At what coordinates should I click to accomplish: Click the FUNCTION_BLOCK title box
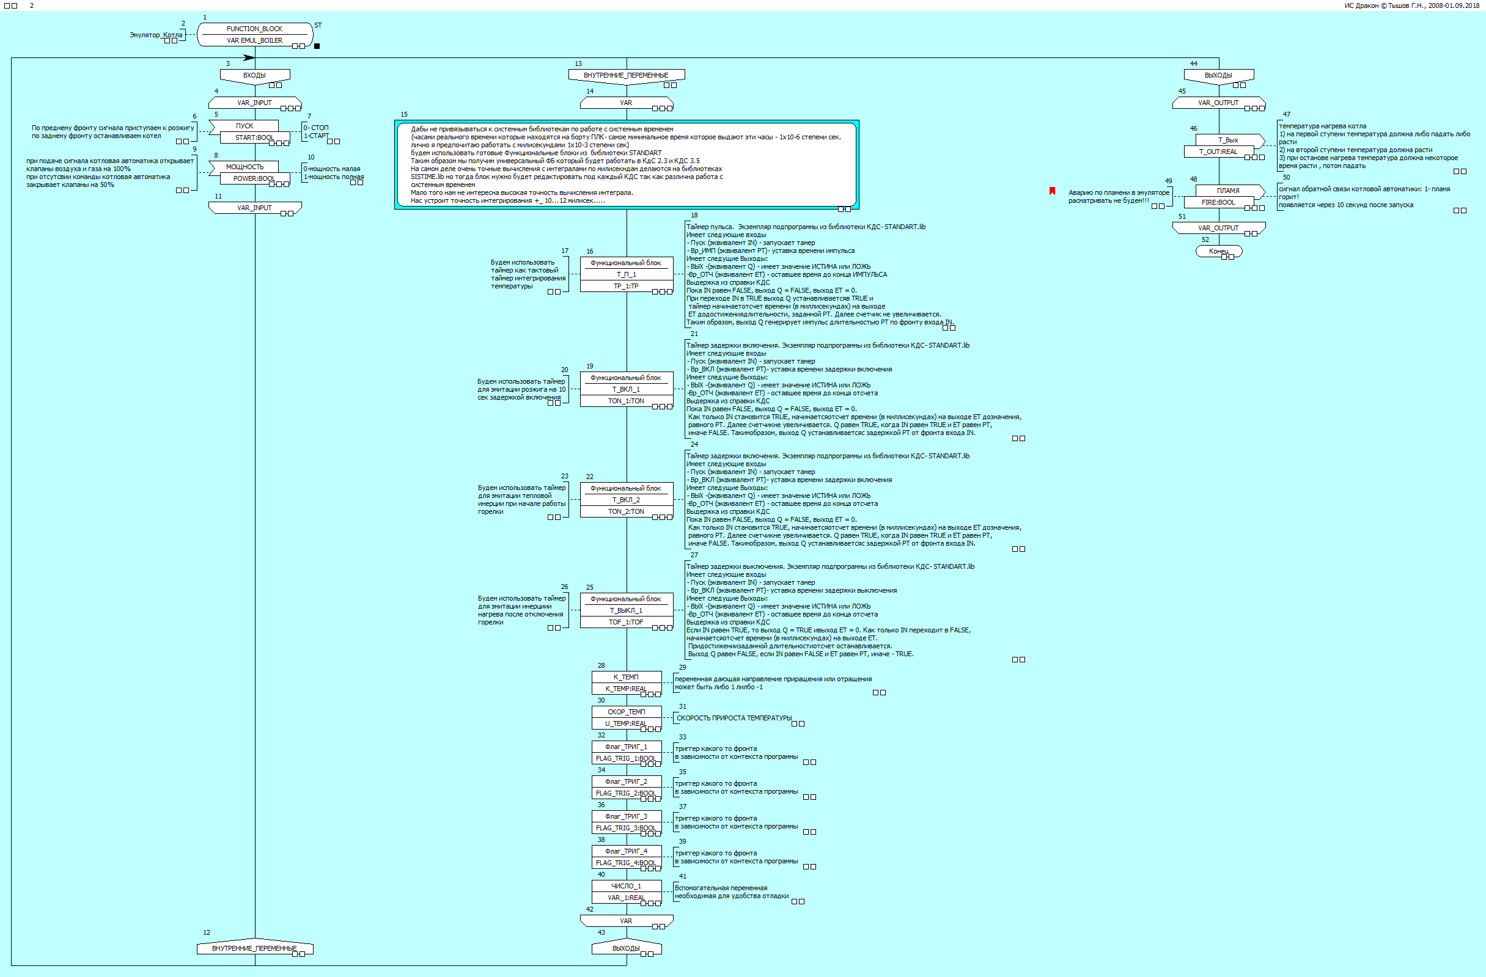pos(254,29)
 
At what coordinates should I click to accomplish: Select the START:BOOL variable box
pos(254,137)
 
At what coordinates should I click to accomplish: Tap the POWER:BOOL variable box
pos(254,178)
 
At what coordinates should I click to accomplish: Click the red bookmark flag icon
pos(1052,191)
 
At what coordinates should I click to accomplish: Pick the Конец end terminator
pos(1218,251)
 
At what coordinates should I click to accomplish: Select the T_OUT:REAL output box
pos(1218,152)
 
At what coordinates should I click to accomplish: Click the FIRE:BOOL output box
pos(1218,202)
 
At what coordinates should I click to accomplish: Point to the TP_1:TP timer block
pos(625,286)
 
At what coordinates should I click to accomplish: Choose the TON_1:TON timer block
pos(625,401)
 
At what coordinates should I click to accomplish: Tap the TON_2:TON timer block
pos(625,511)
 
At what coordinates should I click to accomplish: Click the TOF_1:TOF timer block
pos(625,622)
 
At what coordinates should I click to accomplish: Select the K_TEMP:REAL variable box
pos(625,689)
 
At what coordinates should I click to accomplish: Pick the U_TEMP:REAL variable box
pos(625,723)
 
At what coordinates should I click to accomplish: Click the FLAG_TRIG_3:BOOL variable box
pos(625,828)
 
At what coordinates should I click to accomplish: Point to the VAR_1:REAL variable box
pos(625,898)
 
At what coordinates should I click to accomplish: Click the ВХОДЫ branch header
pos(254,75)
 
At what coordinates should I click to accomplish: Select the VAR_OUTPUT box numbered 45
pos(1218,103)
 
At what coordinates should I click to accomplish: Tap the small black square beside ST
pos(317,46)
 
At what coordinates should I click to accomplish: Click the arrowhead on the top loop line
pos(249,58)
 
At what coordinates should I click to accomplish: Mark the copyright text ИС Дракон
pos(1411,5)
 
